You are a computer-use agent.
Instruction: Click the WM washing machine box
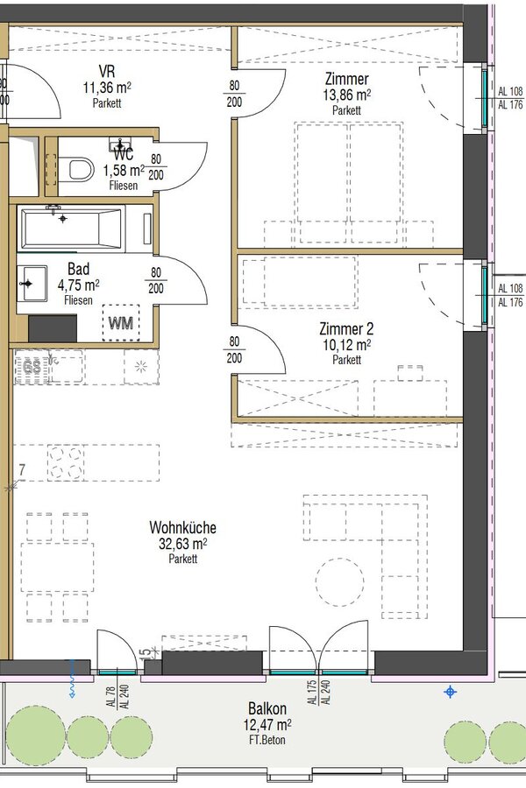[121, 322]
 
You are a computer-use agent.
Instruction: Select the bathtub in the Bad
[71, 229]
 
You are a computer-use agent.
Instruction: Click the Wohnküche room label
[182, 528]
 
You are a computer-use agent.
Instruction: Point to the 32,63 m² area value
[183, 544]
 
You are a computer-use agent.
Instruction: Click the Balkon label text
[267, 708]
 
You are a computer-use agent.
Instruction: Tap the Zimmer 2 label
[346, 329]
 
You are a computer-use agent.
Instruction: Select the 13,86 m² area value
[347, 95]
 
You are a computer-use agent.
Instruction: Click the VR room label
[107, 71]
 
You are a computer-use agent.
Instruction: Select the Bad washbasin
[32, 284]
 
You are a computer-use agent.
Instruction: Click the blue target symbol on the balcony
[450, 692]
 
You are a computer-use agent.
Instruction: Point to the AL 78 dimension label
[111, 698]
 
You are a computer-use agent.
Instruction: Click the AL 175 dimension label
[312, 693]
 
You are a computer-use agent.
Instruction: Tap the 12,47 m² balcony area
[267, 725]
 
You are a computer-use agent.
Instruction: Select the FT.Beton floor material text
[267, 740]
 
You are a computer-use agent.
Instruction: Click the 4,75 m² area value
[79, 285]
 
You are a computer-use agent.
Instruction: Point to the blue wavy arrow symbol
[73, 679]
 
